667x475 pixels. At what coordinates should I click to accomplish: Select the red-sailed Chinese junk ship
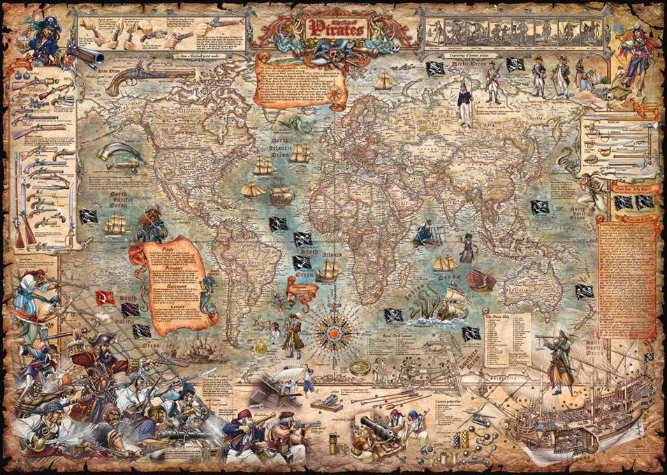[x=482, y=280]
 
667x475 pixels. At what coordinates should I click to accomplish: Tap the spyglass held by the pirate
[x=544, y=337]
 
